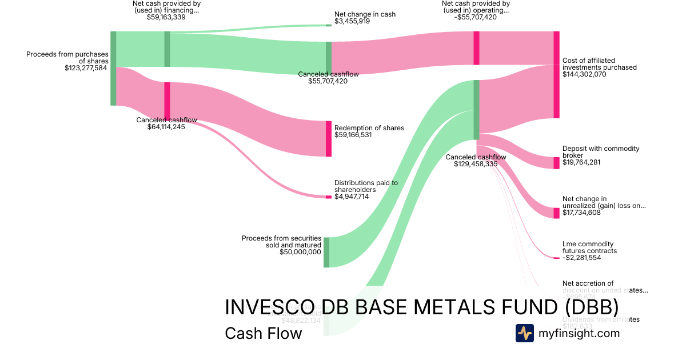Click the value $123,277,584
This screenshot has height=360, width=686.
86,68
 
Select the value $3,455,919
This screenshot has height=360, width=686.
352,21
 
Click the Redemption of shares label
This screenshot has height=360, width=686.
369,128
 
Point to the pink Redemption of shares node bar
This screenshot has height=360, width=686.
329,138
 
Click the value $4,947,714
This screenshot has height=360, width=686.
352,197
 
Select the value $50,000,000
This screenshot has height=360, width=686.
300,251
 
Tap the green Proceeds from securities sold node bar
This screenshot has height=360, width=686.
326,252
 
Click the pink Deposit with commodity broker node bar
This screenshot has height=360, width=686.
556,163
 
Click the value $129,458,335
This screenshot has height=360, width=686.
476,164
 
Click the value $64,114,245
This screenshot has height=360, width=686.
166,127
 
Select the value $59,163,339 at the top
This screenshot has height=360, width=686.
166,17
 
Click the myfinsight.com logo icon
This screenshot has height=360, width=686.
524,333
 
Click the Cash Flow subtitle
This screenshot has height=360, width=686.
263,333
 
